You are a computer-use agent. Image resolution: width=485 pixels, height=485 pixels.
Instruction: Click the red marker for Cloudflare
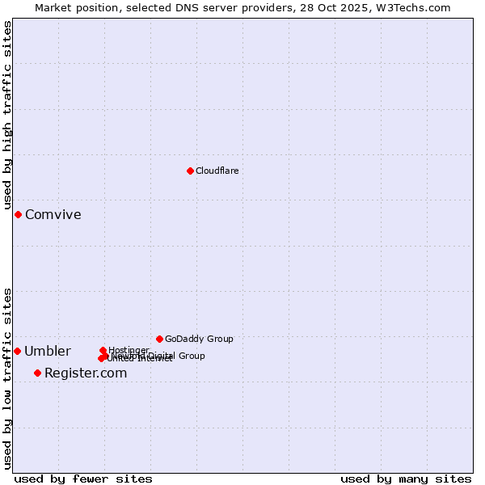point(190,171)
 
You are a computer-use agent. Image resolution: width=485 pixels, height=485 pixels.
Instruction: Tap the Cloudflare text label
point(217,171)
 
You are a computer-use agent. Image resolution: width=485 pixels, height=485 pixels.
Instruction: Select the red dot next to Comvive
point(18,214)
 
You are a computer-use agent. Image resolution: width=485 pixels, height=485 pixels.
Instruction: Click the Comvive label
point(53,214)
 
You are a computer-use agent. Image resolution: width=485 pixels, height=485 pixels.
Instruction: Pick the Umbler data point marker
point(17,351)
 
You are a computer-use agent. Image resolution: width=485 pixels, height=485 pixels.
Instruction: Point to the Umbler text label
point(47,351)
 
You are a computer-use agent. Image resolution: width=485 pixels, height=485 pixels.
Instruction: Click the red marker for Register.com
point(37,373)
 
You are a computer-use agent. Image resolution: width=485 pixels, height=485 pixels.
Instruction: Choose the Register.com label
point(86,373)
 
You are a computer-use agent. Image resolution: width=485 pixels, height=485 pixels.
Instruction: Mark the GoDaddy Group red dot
point(159,339)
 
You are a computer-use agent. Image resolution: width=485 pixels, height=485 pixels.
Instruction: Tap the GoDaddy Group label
point(199,339)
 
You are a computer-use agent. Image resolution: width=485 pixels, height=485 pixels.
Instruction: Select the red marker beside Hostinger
point(103,350)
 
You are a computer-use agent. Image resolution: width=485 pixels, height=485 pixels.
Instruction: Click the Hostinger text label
point(129,350)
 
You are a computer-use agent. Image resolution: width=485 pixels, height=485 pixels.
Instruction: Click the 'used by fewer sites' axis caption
point(83,479)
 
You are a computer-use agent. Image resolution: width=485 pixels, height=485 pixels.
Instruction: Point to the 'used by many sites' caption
point(406,479)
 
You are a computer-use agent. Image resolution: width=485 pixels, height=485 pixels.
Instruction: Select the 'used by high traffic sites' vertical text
point(7,115)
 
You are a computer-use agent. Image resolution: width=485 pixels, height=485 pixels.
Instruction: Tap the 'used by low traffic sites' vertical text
point(7,378)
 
